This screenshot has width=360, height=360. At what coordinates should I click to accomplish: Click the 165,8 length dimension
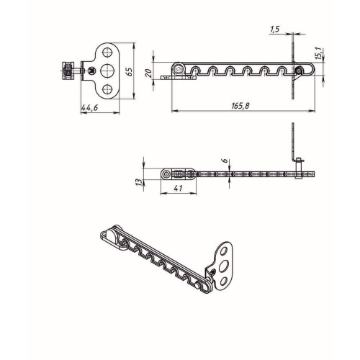click(x=240, y=106)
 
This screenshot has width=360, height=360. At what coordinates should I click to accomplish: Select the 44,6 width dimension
click(x=90, y=108)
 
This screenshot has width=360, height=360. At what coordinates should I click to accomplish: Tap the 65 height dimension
click(x=129, y=71)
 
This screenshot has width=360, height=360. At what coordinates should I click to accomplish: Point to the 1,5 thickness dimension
click(x=275, y=30)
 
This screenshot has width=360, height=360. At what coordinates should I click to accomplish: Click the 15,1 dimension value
click(x=318, y=53)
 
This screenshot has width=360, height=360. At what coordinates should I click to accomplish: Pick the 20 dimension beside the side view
click(x=149, y=73)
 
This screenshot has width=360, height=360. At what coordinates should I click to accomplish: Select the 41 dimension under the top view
click(x=178, y=189)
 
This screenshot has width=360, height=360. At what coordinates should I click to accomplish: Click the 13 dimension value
click(x=139, y=182)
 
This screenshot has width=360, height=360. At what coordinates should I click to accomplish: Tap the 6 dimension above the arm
click(x=225, y=161)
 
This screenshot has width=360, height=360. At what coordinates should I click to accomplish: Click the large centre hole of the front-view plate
click(x=107, y=71)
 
